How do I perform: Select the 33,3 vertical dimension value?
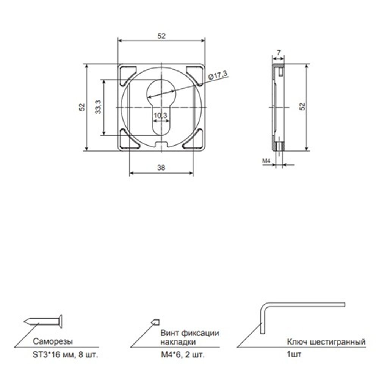[x=98, y=107]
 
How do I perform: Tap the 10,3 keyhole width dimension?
[x=160, y=115]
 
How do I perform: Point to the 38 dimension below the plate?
[x=161, y=168]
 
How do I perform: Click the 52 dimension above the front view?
[x=161, y=36]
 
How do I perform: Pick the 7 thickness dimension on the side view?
[x=279, y=52]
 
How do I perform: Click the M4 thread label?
[x=266, y=160]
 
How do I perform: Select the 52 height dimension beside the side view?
[x=302, y=106]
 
